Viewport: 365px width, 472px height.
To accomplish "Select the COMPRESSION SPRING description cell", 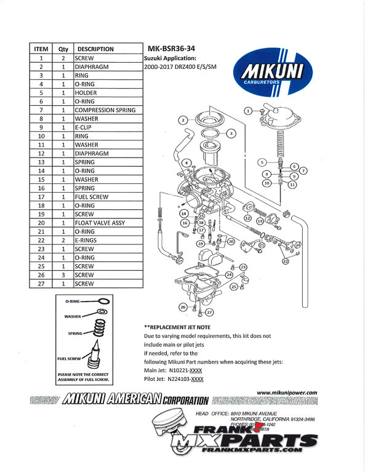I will coord(105,110).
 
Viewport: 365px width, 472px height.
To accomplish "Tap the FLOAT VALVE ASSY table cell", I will coord(100,223).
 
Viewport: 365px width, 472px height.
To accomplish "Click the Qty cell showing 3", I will coord(63,275).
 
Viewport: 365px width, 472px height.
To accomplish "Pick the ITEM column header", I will coord(41,49).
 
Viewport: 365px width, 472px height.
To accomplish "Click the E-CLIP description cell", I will coord(86,127).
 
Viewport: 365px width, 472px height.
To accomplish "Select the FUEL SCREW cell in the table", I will coord(92,197).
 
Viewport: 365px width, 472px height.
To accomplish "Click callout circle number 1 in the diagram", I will coord(248,111).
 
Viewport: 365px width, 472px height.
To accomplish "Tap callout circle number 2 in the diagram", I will coord(182,120).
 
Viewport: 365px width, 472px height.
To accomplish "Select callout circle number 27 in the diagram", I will coord(209,312).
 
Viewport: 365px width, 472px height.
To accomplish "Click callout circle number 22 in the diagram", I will coord(285,262).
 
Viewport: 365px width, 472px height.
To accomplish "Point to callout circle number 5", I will coord(262,161).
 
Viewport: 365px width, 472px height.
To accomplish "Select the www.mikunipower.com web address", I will coord(286,392).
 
